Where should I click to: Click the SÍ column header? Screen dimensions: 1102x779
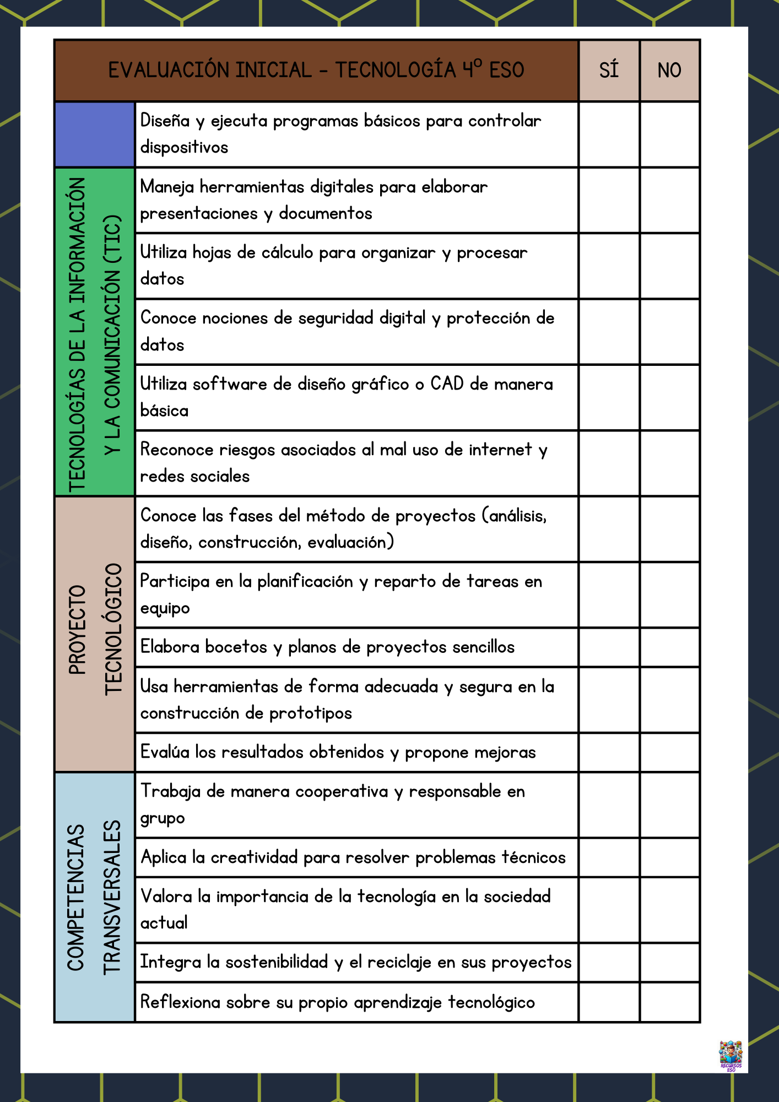tap(609, 71)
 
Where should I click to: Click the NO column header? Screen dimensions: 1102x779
tap(669, 71)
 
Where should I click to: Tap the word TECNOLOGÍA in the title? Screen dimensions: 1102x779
tap(396, 71)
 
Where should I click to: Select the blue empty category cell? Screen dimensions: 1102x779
tap(95, 134)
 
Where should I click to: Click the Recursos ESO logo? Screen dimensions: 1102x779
tap(731, 1055)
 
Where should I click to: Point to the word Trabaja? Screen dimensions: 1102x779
tap(170, 792)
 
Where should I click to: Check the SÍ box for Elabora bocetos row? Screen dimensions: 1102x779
tap(609, 647)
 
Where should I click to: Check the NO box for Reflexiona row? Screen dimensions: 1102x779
tap(669, 1002)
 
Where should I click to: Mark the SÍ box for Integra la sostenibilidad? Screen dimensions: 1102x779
tap(609, 962)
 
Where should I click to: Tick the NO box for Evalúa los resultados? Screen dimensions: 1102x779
tap(669, 752)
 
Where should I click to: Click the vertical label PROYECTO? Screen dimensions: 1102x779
tap(78, 630)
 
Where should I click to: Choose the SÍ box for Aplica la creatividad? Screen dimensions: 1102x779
tap(609, 857)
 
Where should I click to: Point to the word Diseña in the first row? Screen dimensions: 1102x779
tap(165, 121)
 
